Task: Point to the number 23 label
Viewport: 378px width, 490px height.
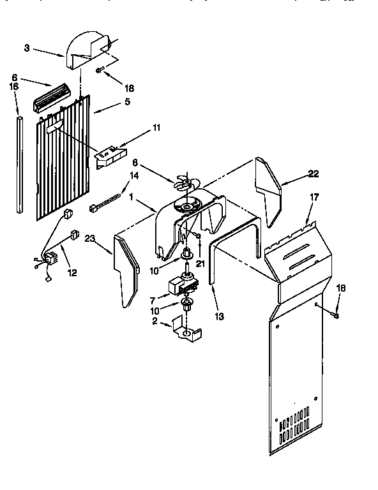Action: (89, 239)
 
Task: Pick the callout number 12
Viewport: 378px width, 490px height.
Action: (72, 273)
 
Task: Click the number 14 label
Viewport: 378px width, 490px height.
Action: (134, 175)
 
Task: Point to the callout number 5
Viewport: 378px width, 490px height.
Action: (127, 101)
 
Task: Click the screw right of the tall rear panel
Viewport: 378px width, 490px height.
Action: (336, 314)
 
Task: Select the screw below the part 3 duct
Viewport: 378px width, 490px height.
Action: (100, 70)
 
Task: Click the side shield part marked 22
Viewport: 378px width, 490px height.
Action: (269, 185)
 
